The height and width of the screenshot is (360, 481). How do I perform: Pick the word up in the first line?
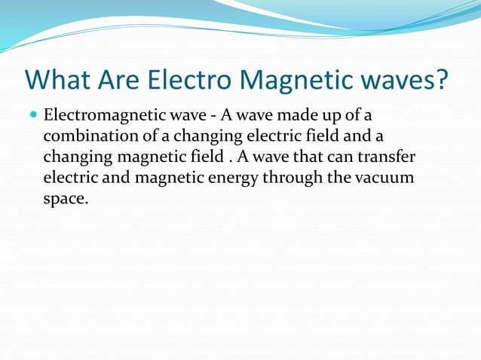(x=319, y=118)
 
